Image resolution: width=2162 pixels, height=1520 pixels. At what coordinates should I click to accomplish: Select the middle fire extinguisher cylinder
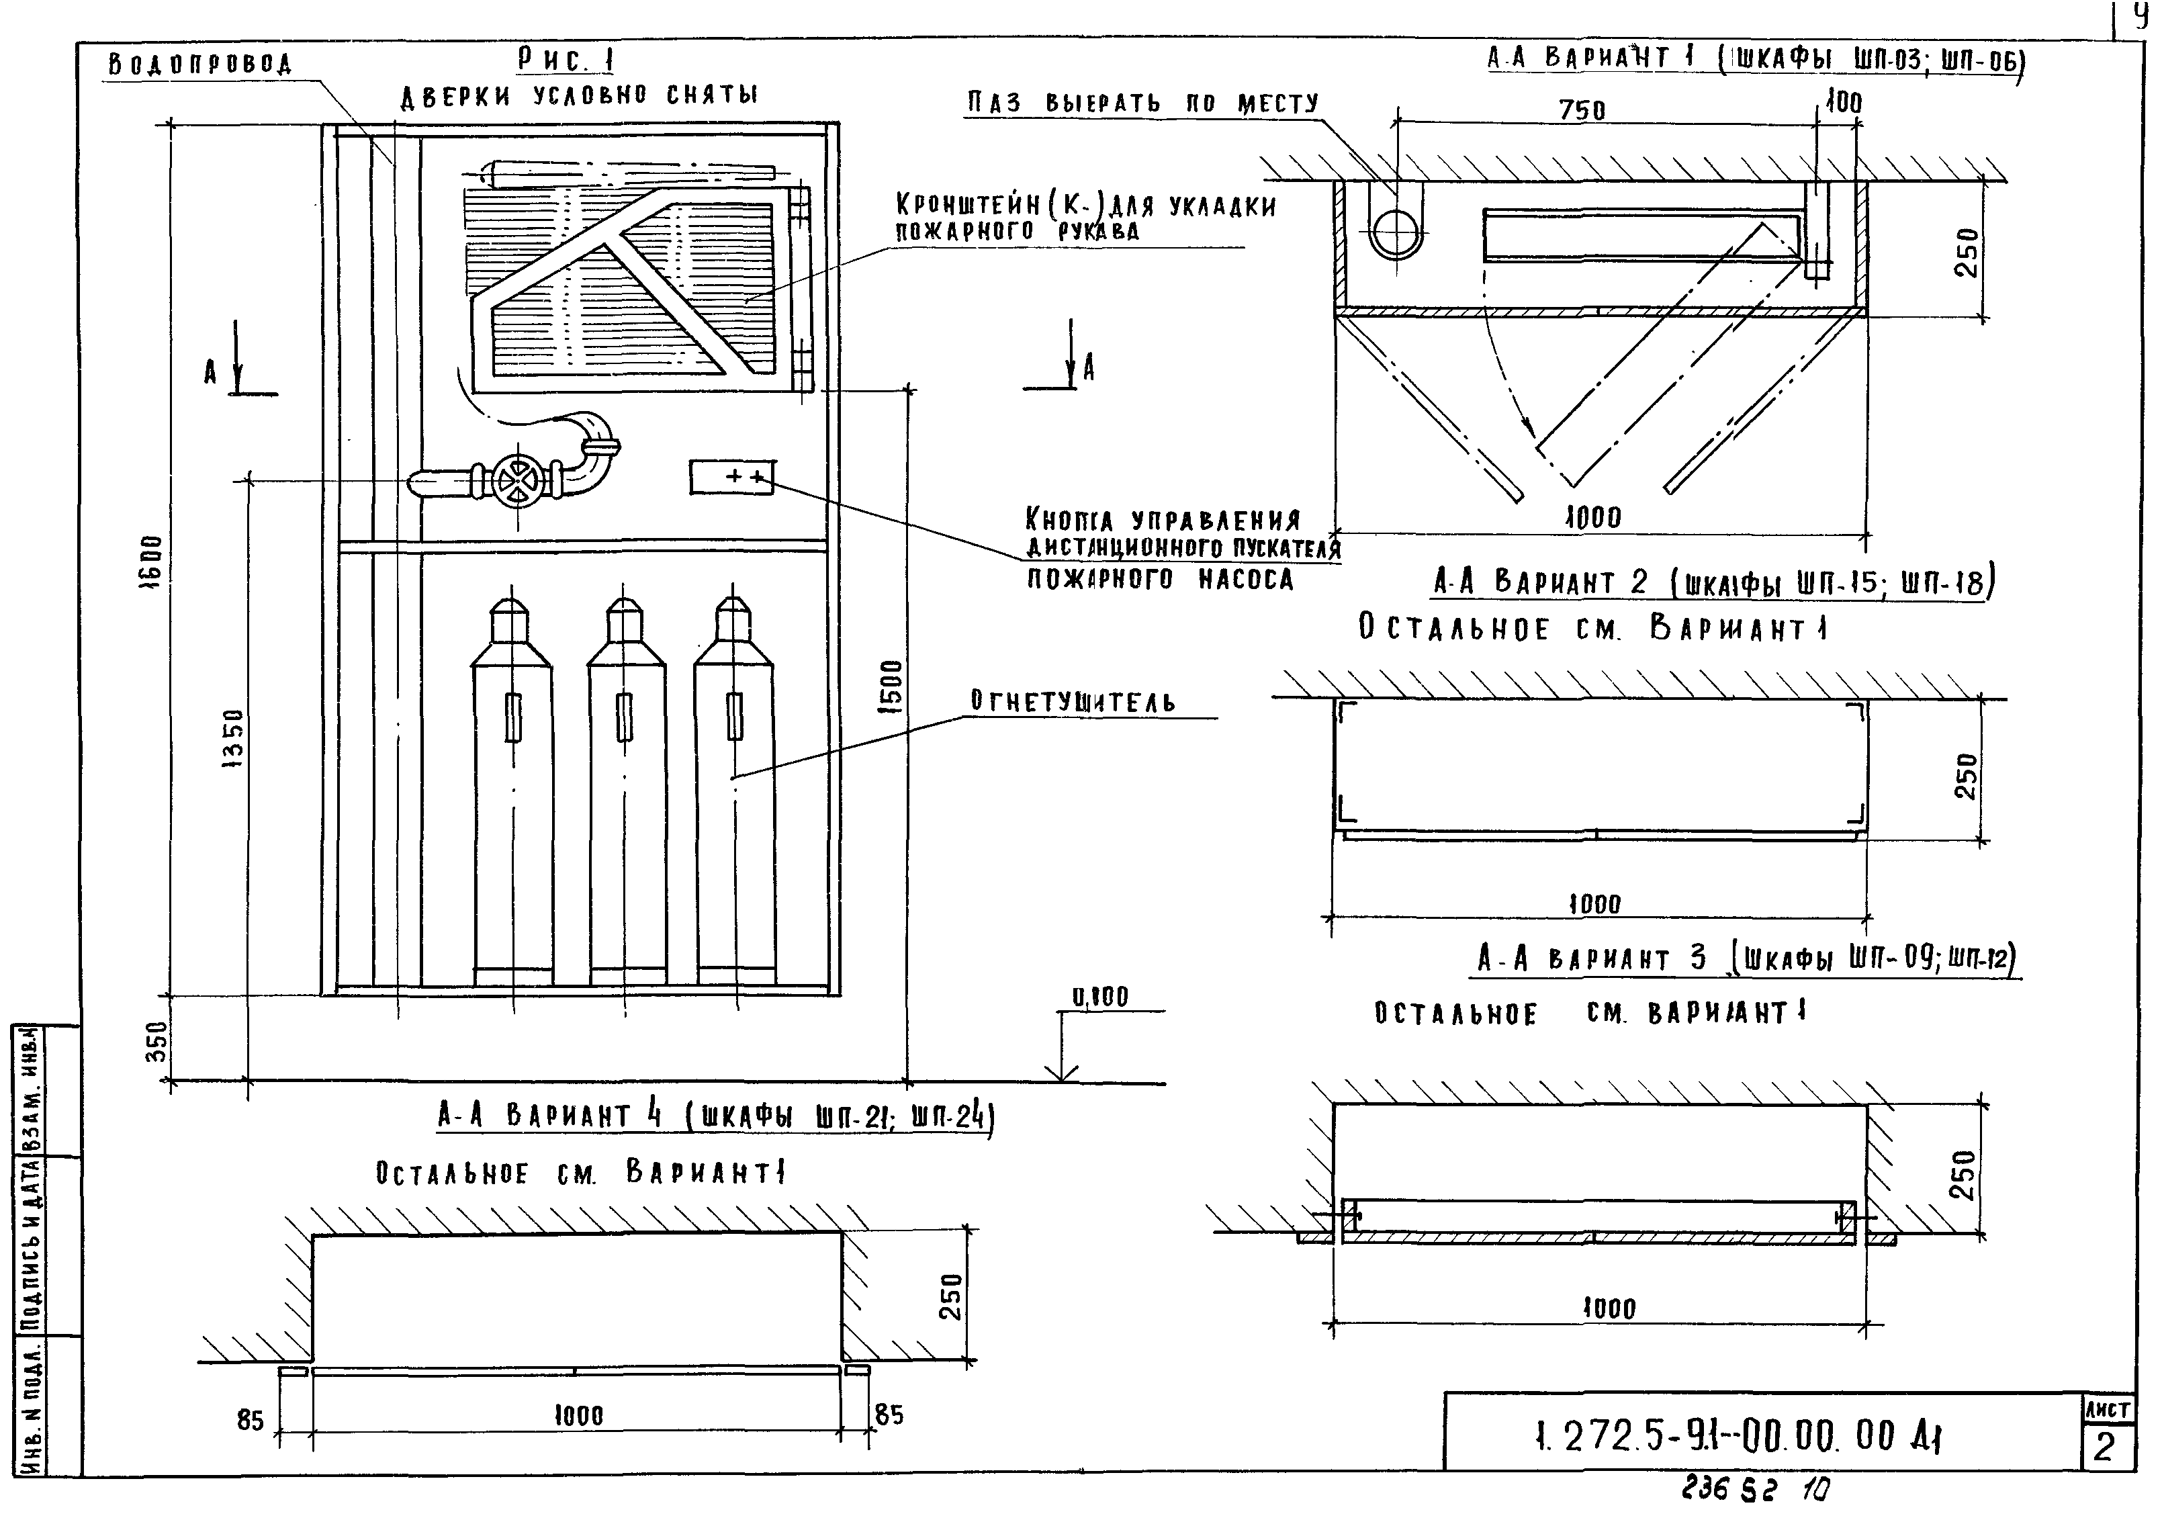coord(625,791)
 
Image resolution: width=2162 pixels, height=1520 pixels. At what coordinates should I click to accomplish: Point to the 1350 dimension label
coord(232,740)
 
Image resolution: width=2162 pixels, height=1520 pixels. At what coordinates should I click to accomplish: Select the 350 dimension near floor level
coord(159,1040)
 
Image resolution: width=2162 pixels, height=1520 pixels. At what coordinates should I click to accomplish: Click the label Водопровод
coord(199,64)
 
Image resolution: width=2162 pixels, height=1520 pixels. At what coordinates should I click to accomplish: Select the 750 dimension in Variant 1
coord(1581,110)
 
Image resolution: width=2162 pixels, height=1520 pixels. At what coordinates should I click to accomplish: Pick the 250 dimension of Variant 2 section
coord(1966,775)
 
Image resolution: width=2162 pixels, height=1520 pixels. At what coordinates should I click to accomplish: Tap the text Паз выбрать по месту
coord(1143,103)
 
